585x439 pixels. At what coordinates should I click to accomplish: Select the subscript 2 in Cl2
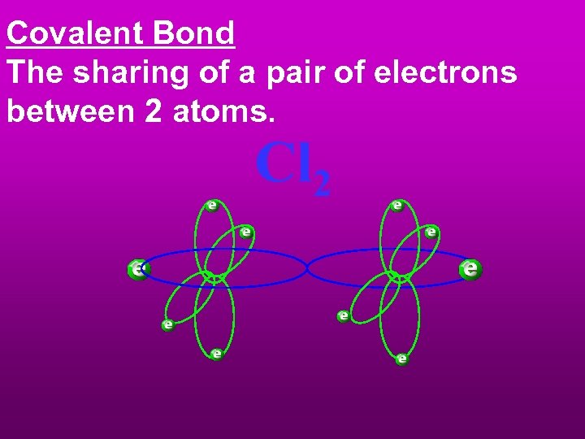tap(322, 185)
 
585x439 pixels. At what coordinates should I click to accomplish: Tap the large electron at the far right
tap(470, 268)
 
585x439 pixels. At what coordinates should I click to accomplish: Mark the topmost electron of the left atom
tap(211, 205)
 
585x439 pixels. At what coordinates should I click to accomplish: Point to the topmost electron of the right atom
tap(396, 206)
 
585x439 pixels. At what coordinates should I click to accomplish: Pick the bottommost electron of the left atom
tap(216, 354)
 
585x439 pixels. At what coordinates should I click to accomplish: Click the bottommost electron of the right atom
tap(401, 359)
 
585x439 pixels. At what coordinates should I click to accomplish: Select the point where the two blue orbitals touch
tap(306, 267)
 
